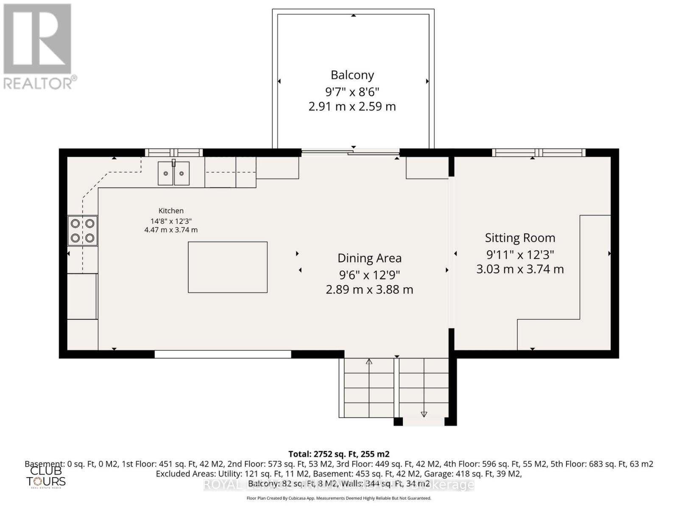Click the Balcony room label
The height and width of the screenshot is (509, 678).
point(352,75)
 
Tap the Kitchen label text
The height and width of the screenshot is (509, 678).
point(171,211)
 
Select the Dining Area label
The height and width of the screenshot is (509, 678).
point(369,258)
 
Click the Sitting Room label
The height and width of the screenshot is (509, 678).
point(520,238)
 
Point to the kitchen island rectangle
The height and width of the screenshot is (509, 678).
point(228,267)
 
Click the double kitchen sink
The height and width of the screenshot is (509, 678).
point(173,173)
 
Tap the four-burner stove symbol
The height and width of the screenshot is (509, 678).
point(83,231)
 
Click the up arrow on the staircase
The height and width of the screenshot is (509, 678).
point(369,362)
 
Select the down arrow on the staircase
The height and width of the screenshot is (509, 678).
point(424,414)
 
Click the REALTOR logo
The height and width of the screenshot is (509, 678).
point(38,47)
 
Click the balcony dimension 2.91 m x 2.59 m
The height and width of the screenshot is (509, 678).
point(352,106)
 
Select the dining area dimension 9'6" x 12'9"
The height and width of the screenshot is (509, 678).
point(369,275)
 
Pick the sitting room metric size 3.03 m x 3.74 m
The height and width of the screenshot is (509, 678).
point(520,269)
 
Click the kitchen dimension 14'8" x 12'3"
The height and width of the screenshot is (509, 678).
point(171,221)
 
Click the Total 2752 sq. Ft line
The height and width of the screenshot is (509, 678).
point(339,454)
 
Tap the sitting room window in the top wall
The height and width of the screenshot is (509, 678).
point(538,152)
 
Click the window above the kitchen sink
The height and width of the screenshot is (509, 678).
point(174,152)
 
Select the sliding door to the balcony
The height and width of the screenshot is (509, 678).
point(350,152)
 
